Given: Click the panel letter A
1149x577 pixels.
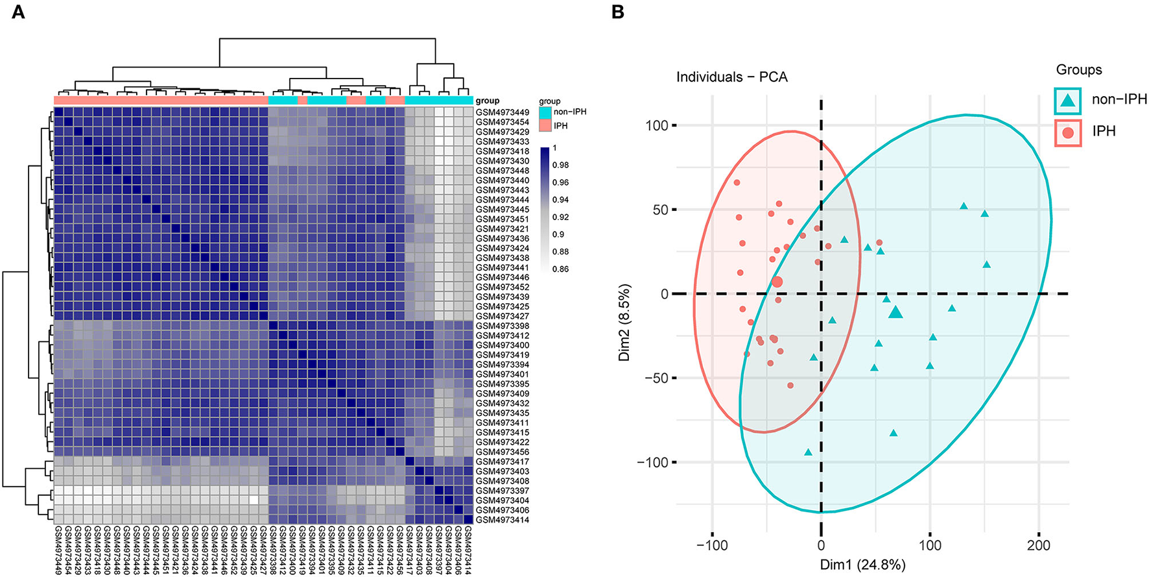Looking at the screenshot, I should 18,12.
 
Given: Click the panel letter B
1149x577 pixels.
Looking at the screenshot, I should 617,12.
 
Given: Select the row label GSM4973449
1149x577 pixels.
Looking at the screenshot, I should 502,112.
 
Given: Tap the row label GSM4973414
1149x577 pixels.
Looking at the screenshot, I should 502,520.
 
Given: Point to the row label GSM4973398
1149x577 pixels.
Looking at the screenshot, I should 502,326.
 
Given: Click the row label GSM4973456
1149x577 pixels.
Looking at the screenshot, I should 502,452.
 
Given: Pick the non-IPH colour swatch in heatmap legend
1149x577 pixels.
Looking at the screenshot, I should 545,112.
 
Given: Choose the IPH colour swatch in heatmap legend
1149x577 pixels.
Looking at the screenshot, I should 545,125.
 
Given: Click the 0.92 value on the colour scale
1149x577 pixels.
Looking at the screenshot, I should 561,217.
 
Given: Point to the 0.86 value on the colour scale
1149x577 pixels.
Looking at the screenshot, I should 561,269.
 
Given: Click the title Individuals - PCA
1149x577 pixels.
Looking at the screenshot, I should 731,77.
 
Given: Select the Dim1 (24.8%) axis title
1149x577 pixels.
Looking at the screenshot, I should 862,565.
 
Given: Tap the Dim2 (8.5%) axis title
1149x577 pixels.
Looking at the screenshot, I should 624,322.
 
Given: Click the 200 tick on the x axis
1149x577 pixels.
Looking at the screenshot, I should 1039,545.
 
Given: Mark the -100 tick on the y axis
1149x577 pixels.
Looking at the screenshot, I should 654,462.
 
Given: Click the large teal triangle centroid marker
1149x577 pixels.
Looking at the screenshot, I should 895,312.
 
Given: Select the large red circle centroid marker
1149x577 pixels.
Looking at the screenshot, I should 777,282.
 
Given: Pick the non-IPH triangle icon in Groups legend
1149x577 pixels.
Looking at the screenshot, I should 1067,100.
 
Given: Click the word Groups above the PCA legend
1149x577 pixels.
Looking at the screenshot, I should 1079,69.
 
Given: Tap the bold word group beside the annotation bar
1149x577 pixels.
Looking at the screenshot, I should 488,101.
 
